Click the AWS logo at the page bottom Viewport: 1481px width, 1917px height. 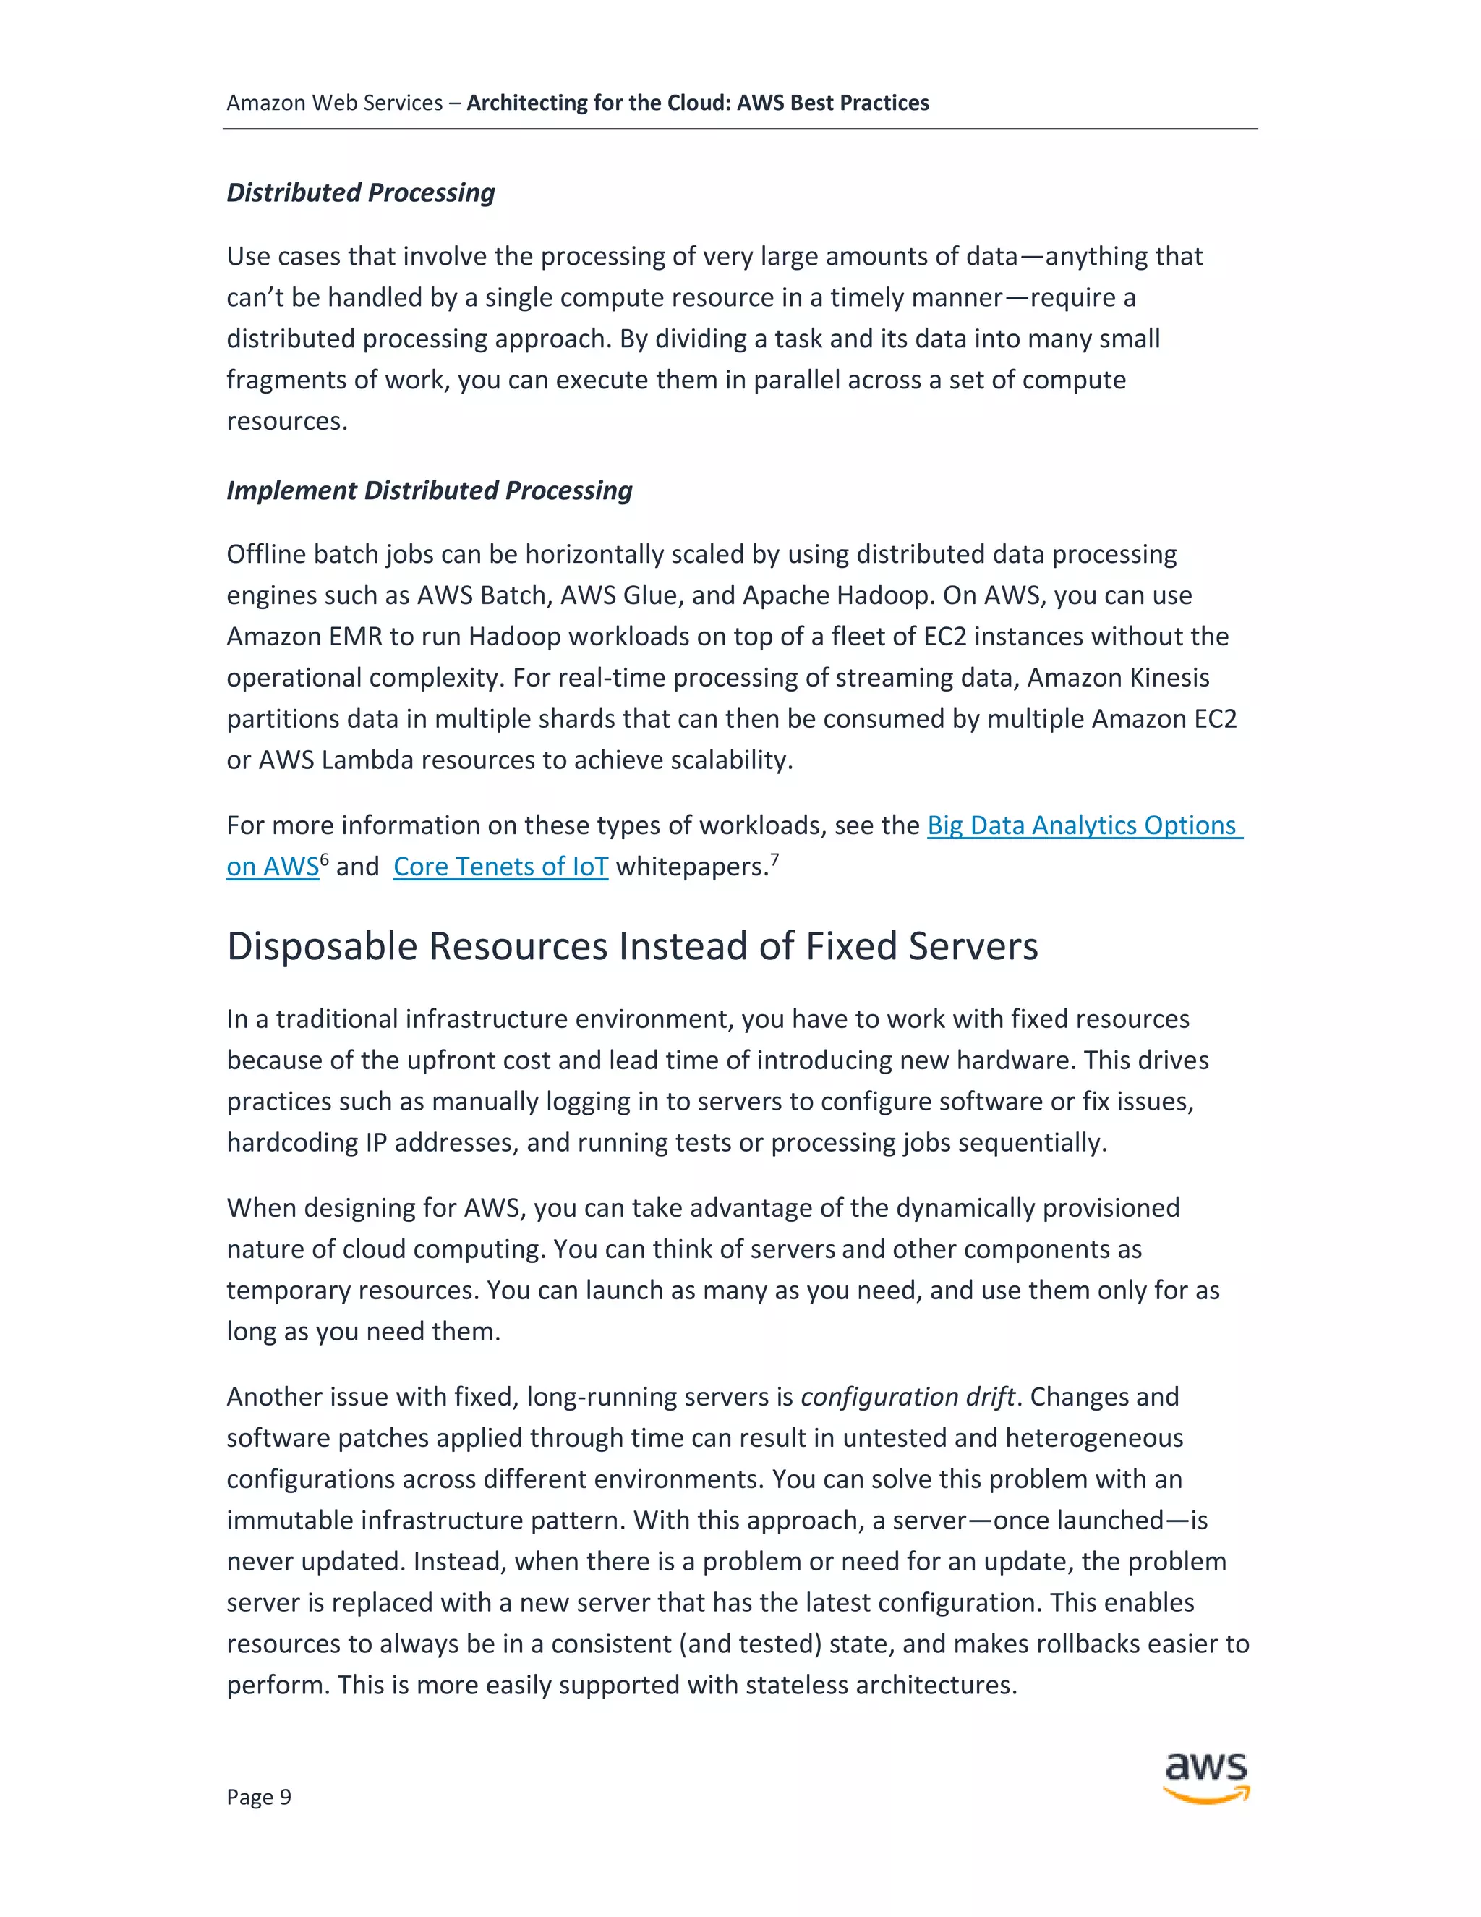pos(1205,1777)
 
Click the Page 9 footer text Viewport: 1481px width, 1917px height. pos(258,1797)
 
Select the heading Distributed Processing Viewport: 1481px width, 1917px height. pos(361,192)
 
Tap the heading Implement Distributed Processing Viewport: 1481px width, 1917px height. pos(429,490)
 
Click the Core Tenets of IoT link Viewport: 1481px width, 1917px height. pos(500,867)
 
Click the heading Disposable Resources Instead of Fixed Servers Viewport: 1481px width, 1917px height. pos(632,946)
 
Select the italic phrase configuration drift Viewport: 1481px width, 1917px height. pos(908,1396)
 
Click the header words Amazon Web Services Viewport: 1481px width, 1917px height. pos(334,103)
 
